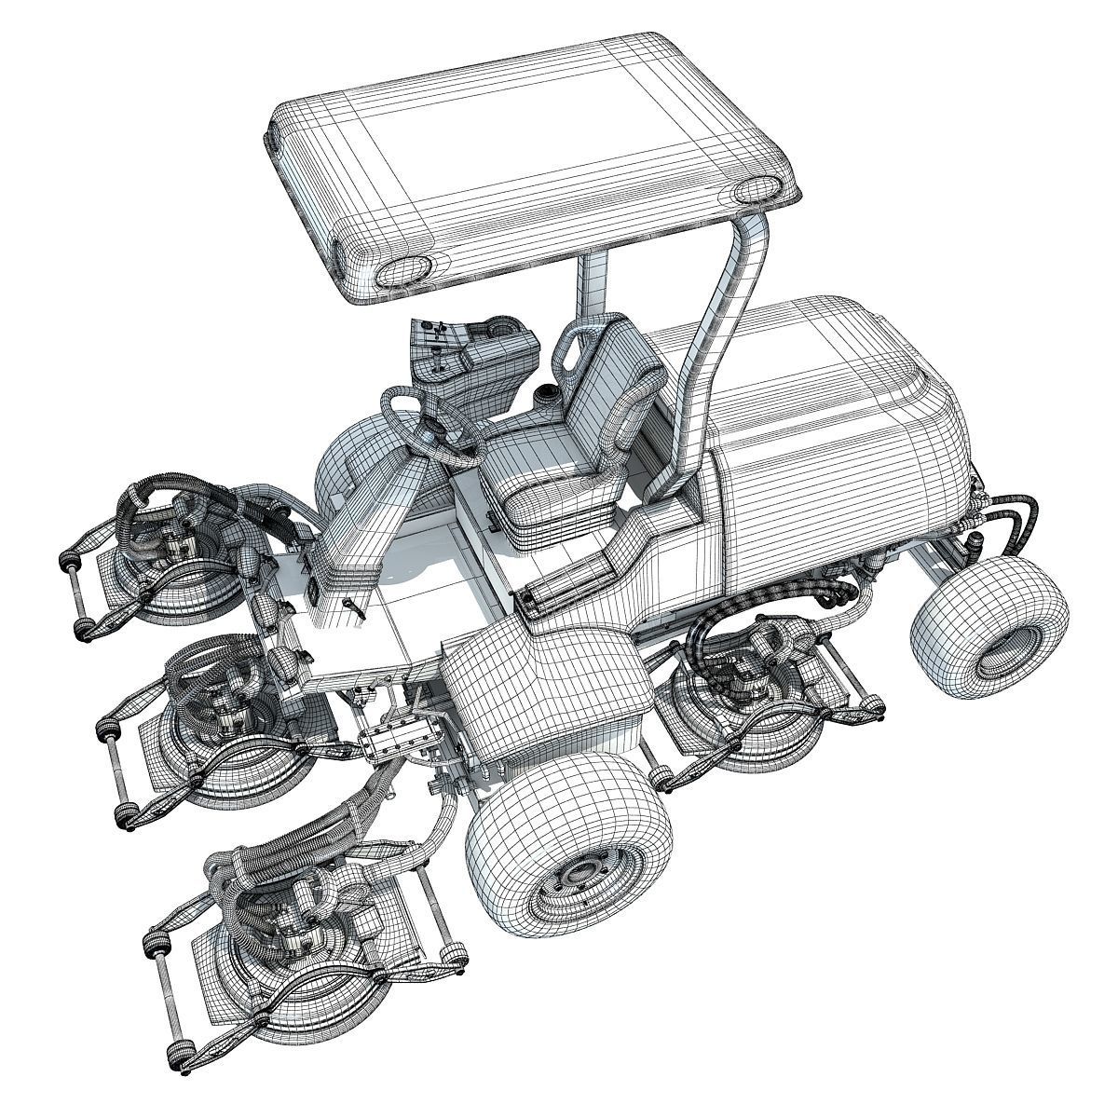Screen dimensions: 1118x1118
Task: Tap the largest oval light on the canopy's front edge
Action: [403, 271]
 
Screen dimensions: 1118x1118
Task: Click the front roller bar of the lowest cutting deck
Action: [163, 978]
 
